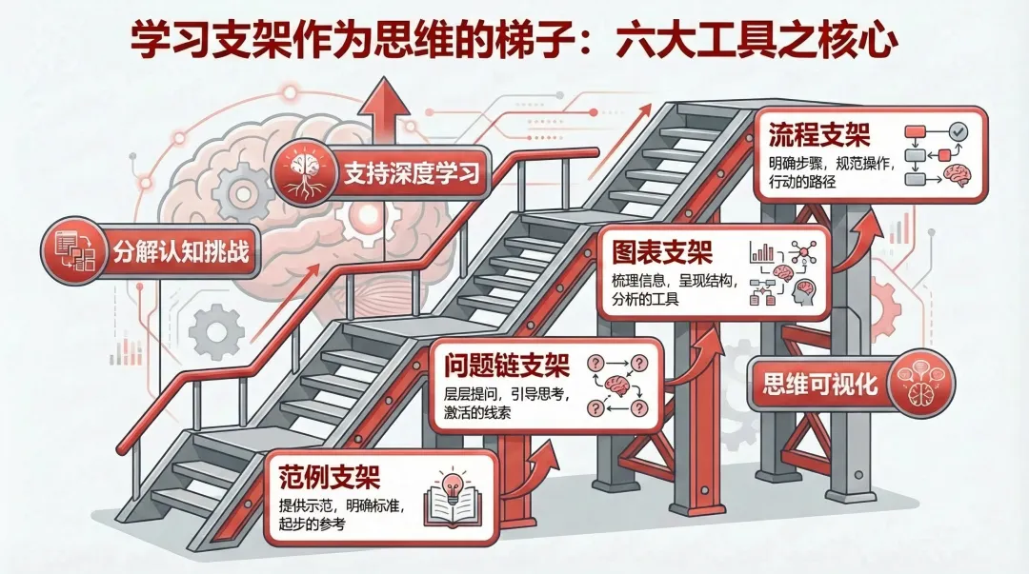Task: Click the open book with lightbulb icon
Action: (453, 500)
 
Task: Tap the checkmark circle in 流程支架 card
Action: (958, 130)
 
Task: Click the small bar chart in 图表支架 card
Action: (761, 252)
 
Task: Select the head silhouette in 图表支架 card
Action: (802, 295)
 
